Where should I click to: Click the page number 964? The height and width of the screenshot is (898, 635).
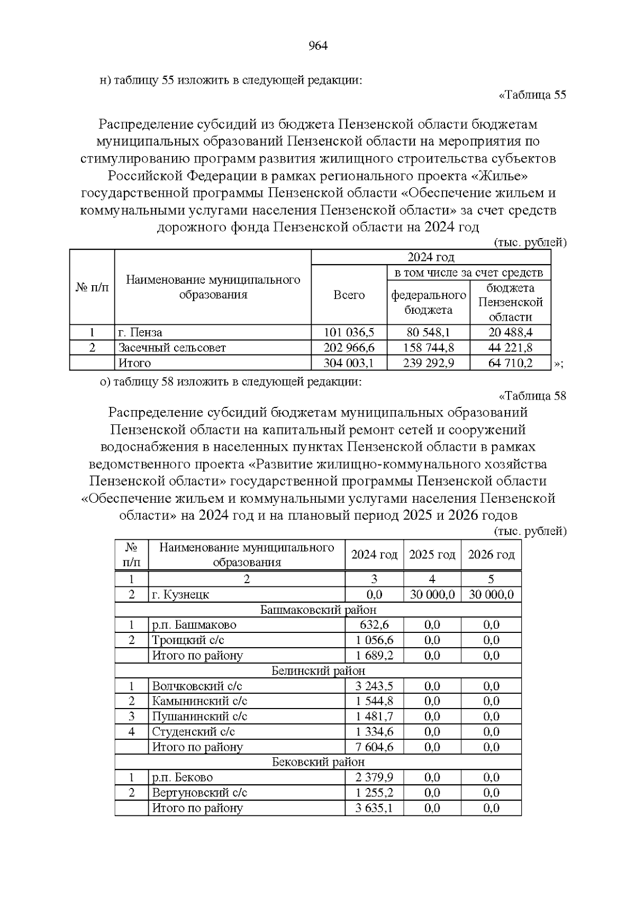(317, 46)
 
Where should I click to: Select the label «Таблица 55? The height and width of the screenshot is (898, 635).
(532, 95)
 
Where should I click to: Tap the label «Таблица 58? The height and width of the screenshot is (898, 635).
(532, 396)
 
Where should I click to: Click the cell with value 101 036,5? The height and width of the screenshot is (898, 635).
(349, 332)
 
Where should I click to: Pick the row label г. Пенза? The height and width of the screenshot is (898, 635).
(140, 332)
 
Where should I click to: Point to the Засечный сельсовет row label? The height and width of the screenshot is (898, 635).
(172, 348)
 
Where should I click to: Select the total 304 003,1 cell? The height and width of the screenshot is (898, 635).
(349, 363)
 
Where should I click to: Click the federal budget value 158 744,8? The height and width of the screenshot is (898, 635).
(428, 348)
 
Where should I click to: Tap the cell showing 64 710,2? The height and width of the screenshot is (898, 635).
(511, 363)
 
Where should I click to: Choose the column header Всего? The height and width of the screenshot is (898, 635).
(349, 295)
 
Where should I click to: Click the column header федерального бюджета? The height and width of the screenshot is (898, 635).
(428, 302)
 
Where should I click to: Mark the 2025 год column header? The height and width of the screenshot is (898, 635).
(432, 555)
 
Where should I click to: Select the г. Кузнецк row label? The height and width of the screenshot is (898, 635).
(180, 594)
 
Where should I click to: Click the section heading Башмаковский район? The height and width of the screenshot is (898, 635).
(318, 610)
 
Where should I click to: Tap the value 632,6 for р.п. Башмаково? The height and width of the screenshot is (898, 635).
(374, 625)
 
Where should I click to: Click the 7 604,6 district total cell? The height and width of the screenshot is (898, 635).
(374, 747)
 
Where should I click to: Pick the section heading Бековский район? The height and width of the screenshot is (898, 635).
(318, 763)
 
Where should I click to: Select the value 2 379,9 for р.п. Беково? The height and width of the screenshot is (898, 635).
(374, 778)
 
